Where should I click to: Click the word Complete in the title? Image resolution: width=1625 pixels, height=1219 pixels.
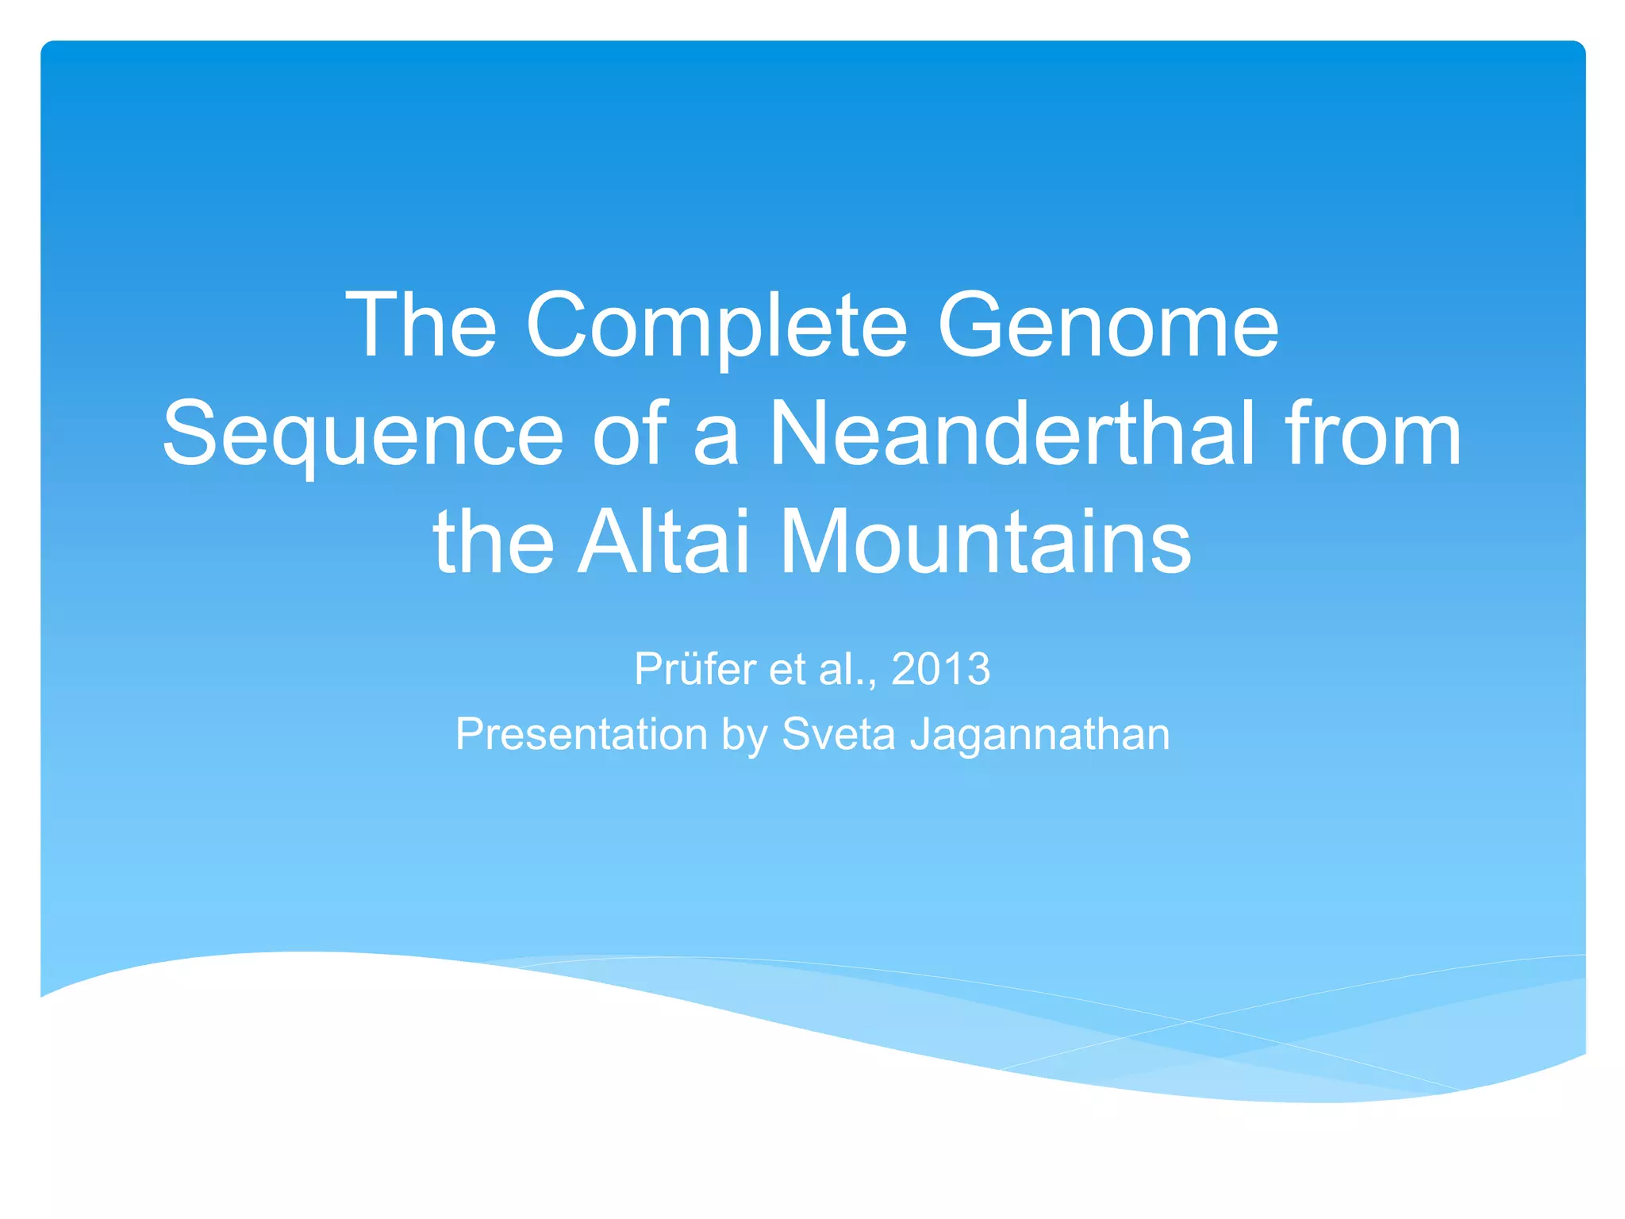pyautogui.click(x=716, y=325)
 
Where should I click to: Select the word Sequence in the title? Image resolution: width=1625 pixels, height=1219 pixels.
pyautogui.click(x=363, y=434)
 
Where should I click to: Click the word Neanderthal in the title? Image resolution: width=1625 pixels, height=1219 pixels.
pyautogui.click(x=1012, y=434)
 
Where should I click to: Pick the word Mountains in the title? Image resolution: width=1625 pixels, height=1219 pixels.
pyautogui.click(x=985, y=543)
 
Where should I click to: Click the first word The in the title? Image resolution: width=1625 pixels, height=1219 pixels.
pyautogui.click(x=421, y=325)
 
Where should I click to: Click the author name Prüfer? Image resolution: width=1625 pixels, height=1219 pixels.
pyautogui.click(x=694, y=669)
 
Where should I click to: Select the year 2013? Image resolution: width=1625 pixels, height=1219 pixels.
pyautogui.click(x=940, y=669)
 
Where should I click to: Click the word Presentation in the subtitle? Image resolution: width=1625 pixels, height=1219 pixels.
pyautogui.click(x=581, y=734)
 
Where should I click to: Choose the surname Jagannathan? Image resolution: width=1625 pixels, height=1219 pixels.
pyautogui.click(x=1039, y=734)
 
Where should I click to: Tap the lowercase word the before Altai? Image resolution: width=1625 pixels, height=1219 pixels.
pyautogui.click(x=494, y=543)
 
